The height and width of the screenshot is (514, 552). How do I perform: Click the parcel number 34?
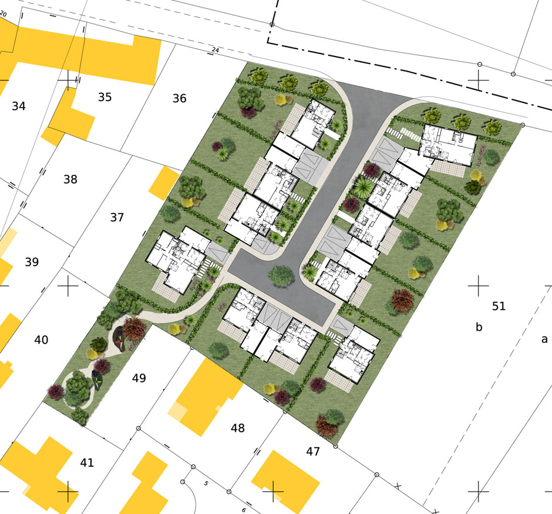click(x=19, y=106)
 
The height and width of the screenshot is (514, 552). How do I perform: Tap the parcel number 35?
click(x=105, y=97)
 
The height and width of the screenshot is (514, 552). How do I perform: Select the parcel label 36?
click(x=179, y=98)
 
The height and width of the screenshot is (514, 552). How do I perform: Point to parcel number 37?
click(x=117, y=217)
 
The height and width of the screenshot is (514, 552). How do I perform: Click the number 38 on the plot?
click(x=70, y=179)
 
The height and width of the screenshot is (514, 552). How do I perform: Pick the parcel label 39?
click(x=32, y=262)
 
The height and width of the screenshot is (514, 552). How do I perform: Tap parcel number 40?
click(x=41, y=340)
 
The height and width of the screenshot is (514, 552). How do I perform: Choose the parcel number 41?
click(x=87, y=462)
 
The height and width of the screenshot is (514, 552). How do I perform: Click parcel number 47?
click(x=313, y=451)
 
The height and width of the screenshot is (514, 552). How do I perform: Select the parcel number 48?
click(x=238, y=428)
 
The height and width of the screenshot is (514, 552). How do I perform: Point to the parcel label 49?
click(x=139, y=378)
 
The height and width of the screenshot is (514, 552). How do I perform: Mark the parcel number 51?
click(x=499, y=306)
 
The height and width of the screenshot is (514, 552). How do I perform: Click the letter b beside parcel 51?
click(x=479, y=327)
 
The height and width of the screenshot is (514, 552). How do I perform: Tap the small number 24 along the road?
click(x=215, y=51)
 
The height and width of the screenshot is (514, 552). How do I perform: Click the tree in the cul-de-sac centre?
click(x=281, y=276)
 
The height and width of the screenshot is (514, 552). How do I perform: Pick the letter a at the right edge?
click(x=544, y=339)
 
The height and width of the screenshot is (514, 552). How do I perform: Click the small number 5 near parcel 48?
click(x=206, y=483)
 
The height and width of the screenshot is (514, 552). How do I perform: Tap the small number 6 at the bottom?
click(x=244, y=510)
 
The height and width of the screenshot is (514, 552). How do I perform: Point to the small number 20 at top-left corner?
click(x=3, y=15)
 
